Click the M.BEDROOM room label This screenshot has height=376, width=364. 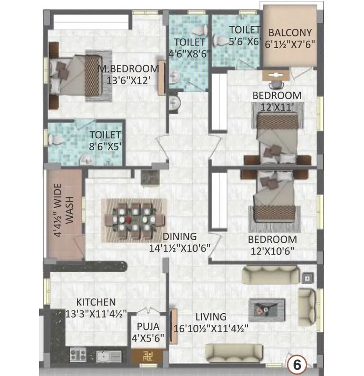[x=129, y=69]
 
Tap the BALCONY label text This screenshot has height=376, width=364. [x=290, y=33]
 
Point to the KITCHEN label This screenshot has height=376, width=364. [x=96, y=302]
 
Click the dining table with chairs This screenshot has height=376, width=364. [x=134, y=220]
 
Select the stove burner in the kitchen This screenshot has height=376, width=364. [x=78, y=354]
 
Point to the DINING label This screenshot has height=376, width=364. [x=180, y=236]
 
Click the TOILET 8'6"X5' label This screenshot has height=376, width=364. [x=105, y=140]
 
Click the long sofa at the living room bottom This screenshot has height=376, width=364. [x=234, y=352]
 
